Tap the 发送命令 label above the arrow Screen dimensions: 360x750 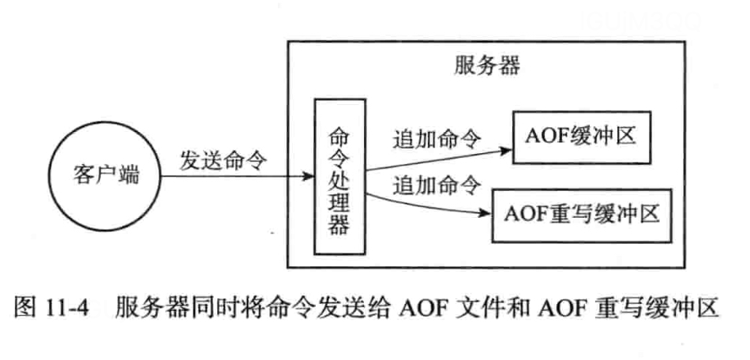pos(223,159)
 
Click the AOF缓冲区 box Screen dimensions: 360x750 pos(575,137)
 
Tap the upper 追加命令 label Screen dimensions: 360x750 pos(437,139)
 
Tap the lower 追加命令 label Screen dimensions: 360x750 pos(437,186)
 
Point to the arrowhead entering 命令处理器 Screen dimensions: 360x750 pos(308,176)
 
